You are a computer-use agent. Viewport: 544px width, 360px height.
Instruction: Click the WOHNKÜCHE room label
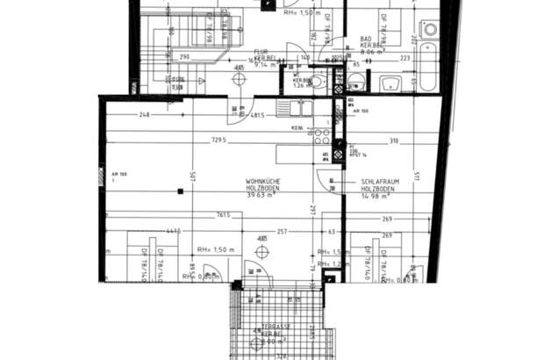point(263,181)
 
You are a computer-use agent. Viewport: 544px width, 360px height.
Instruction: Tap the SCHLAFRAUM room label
point(381,181)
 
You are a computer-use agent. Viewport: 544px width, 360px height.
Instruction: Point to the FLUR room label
point(260,51)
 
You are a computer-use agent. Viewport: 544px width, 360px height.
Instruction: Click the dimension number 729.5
point(218,140)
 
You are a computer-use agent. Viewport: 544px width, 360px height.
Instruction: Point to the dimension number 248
point(144,115)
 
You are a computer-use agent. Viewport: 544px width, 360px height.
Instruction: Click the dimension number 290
point(185,56)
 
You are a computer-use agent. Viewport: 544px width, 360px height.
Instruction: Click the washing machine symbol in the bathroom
point(429,29)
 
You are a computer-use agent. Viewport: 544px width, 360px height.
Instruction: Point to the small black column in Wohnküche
point(181,190)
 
